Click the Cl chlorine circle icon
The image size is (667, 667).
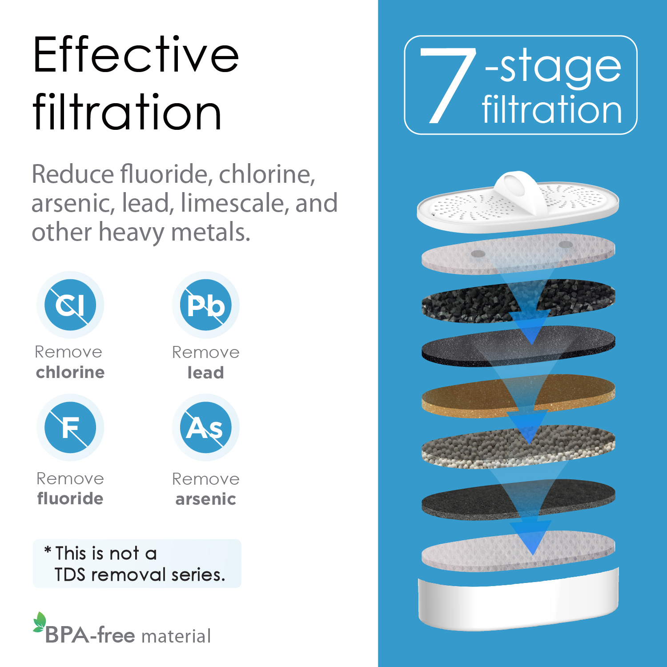pyautogui.click(x=70, y=305)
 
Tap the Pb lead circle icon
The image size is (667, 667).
pyautogui.click(x=206, y=305)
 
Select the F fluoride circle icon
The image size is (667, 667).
pyautogui.click(x=70, y=427)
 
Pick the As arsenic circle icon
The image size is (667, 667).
pyautogui.click(x=206, y=427)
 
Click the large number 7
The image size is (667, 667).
pyautogui.click(x=447, y=85)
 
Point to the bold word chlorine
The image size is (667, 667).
pyautogui.click(x=70, y=372)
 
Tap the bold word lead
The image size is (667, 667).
pyautogui.click(x=205, y=373)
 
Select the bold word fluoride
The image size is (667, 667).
pyautogui.click(x=70, y=498)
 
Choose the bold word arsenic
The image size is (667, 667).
pyautogui.click(x=205, y=499)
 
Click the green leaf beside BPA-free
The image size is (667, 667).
pyautogui.click(x=39, y=622)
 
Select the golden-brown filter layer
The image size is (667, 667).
pyautogui.click(x=518, y=396)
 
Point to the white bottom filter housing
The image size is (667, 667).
pyautogui.click(x=518, y=599)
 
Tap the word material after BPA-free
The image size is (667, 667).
pyautogui.click(x=176, y=636)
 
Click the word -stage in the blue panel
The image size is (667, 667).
pyautogui.click(x=553, y=69)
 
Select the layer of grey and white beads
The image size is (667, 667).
pyautogui.click(x=518, y=447)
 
